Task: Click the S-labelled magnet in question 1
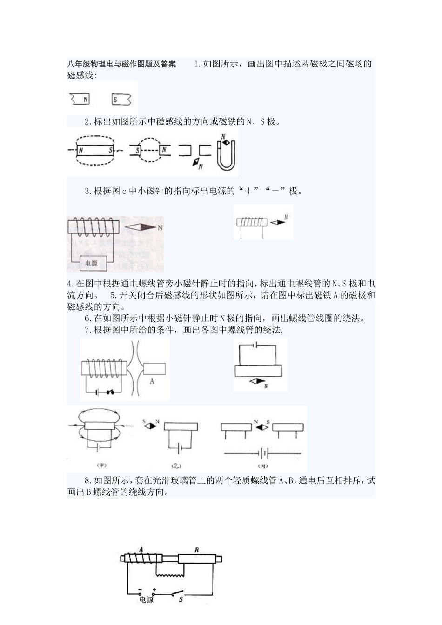click(x=121, y=99)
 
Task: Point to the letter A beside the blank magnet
click(x=152, y=381)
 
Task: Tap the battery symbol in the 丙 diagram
click(x=263, y=453)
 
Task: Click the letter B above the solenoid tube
click(x=196, y=550)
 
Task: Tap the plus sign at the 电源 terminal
click(x=154, y=589)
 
